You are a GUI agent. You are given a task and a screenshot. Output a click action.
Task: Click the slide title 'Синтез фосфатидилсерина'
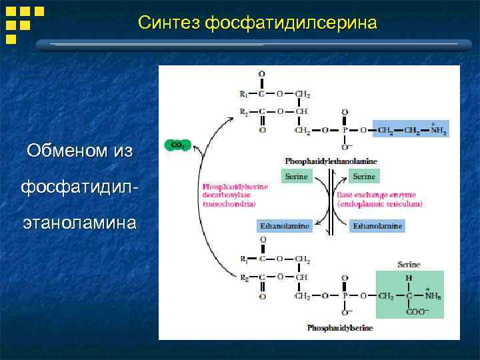(x=257, y=23)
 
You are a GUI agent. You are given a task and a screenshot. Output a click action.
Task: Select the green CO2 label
(x=177, y=145)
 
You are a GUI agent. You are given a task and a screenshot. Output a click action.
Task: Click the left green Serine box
(x=297, y=177)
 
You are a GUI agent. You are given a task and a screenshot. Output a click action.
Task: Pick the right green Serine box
(x=364, y=177)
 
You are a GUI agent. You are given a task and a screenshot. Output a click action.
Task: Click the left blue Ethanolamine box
(x=284, y=226)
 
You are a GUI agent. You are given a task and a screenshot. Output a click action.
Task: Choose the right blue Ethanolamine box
(x=378, y=226)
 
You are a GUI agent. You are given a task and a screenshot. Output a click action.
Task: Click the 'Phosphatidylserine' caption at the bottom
(x=340, y=328)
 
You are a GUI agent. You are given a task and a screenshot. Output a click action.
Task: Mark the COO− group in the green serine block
(x=418, y=312)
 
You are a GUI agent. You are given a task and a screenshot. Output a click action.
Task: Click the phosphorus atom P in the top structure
(x=345, y=129)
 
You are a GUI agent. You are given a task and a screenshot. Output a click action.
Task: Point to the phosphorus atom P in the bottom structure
(x=345, y=295)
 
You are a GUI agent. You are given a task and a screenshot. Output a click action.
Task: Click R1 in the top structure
(x=243, y=94)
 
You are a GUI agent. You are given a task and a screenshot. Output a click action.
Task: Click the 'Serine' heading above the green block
(x=409, y=265)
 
